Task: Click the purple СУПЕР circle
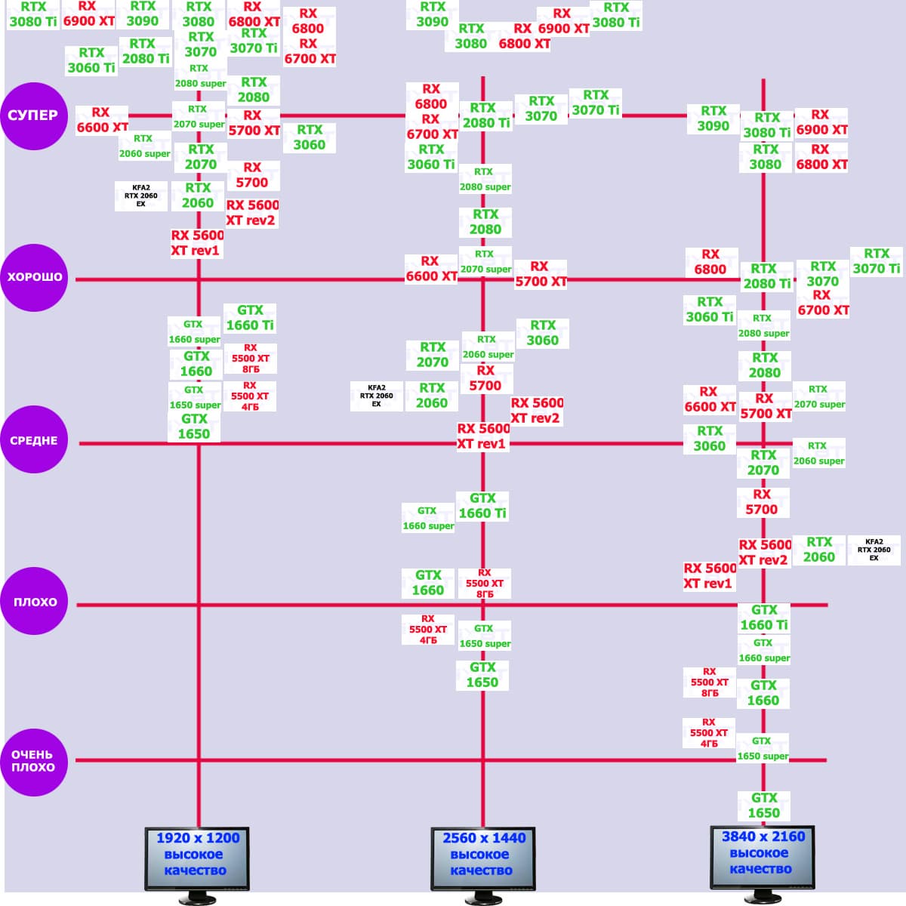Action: pyautogui.click(x=34, y=116)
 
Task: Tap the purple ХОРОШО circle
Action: pyautogui.click(x=34, y=277)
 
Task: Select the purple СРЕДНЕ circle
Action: pyautogui.click(x=34, y=441)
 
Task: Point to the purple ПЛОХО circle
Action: pyautogui.click(x=34, y=602)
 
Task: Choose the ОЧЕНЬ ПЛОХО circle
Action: pyautogui.click(x=34, y=761)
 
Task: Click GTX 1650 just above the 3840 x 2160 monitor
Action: pyautogui.click(x=764, y=806)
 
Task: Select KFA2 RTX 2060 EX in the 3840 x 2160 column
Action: pyautogui.click(x=874, y=550)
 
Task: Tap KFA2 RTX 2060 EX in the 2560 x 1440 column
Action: pyautogui.click(x=376, y=396)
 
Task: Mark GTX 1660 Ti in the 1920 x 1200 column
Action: pyautogui.click(x=250, y=318)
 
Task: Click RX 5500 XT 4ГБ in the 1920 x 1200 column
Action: pyautogui.click(x=250, y=396)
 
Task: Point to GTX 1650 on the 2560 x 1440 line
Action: pyautogui.click(x=482, y=675)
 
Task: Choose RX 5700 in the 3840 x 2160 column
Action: pyautogui.click(x=762, y=502)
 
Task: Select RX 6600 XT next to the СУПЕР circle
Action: pyautogui.click(x=101, y=120)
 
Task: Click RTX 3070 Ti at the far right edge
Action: pyautogui.click(x=877, y=261)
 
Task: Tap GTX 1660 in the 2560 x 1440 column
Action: pyautogui.click(x=428, y=583)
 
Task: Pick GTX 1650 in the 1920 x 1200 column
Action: pyautogui.click(x=194, y=427)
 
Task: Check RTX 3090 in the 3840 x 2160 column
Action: pyautogui.click(x=713, y=119)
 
